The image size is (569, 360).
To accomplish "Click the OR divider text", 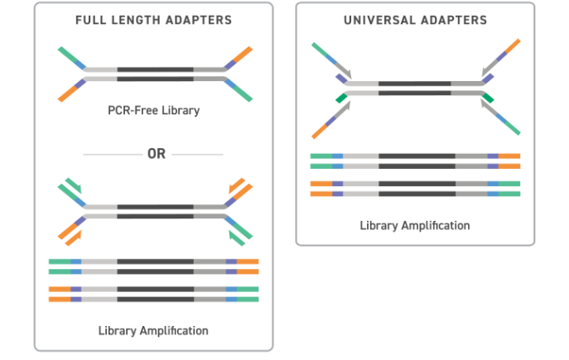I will pos(154,154).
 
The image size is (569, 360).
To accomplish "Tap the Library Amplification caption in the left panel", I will pos(153,331).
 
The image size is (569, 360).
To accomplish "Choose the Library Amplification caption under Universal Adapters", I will pos(415,225).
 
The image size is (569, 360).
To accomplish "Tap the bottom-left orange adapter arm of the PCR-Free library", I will pos(66,93).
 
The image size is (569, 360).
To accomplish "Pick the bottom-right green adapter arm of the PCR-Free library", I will pos(241,93).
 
